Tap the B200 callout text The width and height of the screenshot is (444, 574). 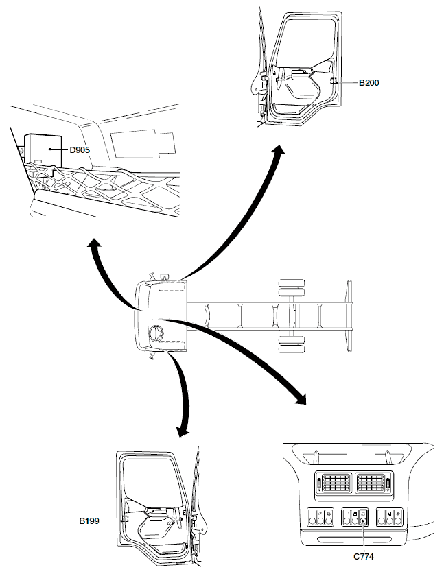(369, 82)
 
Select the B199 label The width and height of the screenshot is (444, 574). (89, 521)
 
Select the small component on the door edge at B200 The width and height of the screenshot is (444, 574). (333, 82)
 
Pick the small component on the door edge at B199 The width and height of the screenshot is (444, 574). (126, 521)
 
